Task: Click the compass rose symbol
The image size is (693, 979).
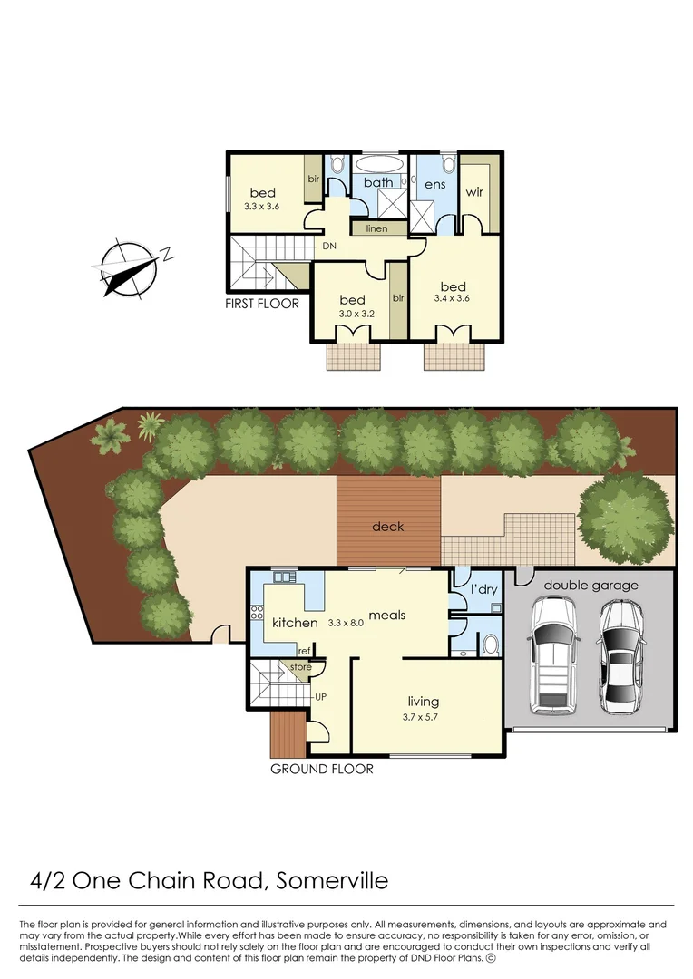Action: (x=128, y=268)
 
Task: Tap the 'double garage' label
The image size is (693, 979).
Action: (x=591, y=585)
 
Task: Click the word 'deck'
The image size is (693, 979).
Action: (x=388, y=526)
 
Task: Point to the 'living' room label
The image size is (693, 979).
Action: (x=424, y=701)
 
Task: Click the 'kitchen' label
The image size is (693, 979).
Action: (x=295, y=623)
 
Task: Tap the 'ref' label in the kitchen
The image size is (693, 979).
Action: (x=306, y=650)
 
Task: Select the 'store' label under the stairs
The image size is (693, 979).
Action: (x=300, y=667)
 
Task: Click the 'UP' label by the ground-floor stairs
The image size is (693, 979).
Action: (x=320, y=696)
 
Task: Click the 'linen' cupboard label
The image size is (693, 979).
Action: (x=376, y=228)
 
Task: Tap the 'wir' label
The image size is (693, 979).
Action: (x=474, y=192)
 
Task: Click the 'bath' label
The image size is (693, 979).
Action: (x=378, y=183)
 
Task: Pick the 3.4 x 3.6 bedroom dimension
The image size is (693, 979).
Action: (x=453, y=297)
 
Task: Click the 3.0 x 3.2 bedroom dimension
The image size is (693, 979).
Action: (x=352, y=314)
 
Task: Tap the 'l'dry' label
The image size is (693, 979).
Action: (x=483, y=589)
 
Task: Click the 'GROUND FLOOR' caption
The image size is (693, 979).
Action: (x=322, y=769)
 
